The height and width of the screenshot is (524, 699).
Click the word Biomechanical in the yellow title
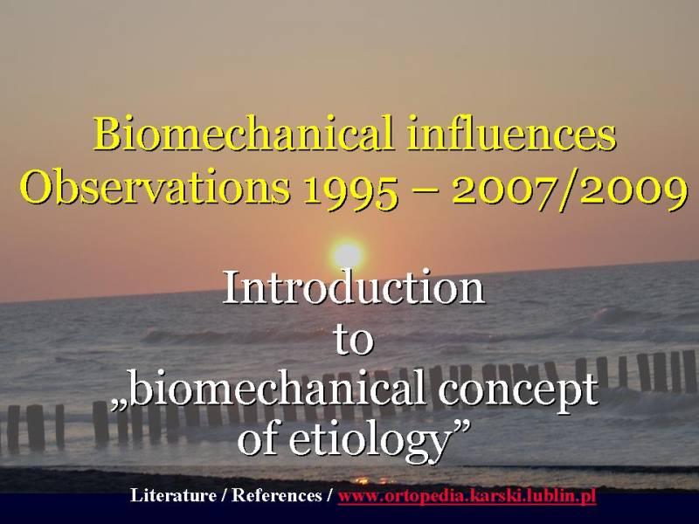tap(243, 134)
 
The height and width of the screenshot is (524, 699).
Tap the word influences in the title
tap(512, 133)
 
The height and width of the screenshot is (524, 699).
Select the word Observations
tap(156, 186)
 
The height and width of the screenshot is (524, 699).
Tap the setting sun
tap(348, 255)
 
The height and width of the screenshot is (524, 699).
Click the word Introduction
tap(354, 287)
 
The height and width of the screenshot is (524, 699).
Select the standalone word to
tap(353, 341)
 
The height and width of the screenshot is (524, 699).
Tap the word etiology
tap(369, 442)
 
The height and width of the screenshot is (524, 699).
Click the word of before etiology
tap(260, 440)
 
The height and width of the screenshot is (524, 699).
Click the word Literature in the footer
tap(173, 495)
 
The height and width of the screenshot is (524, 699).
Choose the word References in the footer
tap(276, 495)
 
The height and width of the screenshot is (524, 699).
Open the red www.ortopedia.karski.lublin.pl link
tap(467, 496)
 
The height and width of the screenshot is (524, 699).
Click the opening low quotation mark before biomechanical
tap(119, 405)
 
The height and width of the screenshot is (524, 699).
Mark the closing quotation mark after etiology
tap(460, 429)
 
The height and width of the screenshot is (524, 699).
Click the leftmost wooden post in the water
tap(13, 429)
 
